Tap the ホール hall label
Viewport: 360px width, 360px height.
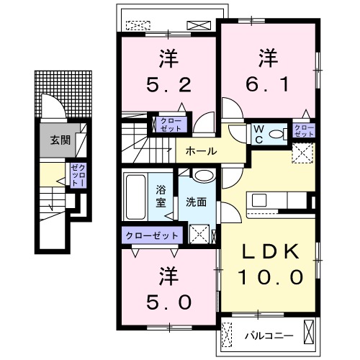(201, 151)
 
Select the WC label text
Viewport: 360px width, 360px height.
(258, 135)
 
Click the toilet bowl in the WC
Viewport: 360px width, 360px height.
(276, 134)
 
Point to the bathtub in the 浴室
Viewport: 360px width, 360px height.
(135, 197)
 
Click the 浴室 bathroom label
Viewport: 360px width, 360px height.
(161, 196)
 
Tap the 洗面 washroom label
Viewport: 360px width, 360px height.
(197, 202)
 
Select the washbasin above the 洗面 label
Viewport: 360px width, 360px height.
(204, 176)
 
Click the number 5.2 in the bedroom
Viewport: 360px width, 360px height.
(169, 85)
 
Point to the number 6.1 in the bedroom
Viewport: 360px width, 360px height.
(267, 84)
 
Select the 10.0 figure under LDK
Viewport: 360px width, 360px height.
(271, 276)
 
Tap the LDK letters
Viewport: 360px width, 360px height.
(271, 251)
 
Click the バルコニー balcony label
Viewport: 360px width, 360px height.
(269, 336)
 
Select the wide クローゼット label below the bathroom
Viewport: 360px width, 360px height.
(152, 235)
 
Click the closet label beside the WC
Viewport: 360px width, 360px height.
(304, 131)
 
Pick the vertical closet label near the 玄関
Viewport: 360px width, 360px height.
(78, 175)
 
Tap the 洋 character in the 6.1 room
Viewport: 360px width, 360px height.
(268, 58)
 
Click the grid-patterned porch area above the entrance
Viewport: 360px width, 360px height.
(63, 94)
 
